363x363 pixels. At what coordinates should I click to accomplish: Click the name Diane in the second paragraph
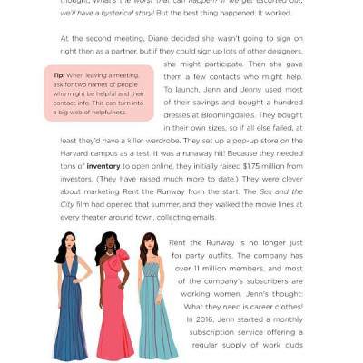click(x=157, y=38)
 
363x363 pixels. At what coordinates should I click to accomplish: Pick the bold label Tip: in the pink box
click(x=59, y=75)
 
